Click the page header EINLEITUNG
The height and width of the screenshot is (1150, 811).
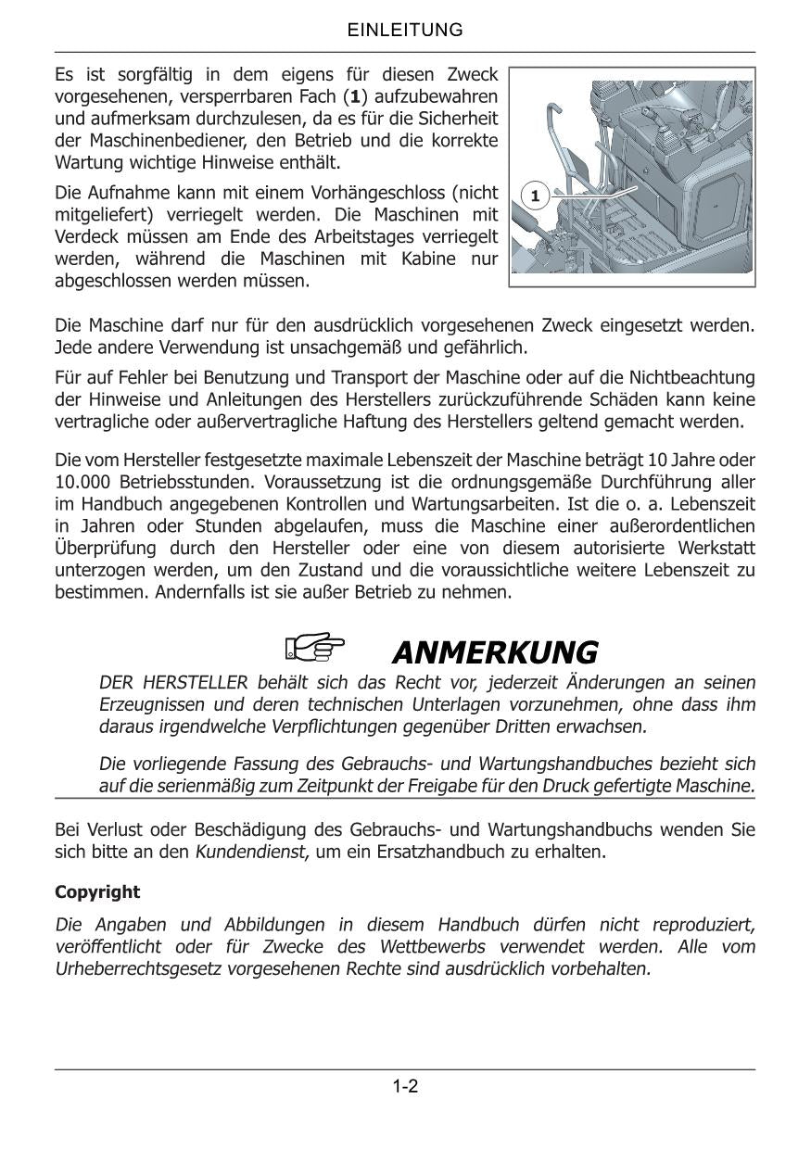click(405, 31)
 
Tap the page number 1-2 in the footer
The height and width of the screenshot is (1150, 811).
click(405, 1087)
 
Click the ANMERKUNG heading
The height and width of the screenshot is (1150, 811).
click(495, 652)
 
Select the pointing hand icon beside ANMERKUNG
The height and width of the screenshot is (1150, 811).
click(314, 647)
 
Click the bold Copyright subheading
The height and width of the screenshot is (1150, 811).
click(97, 892)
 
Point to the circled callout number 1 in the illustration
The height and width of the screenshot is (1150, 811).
click(535, 196)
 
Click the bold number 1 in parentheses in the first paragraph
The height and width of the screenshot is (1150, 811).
click(354, 97)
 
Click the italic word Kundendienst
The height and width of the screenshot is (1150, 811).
click(250, 851)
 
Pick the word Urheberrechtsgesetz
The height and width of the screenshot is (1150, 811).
click(137, 969)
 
